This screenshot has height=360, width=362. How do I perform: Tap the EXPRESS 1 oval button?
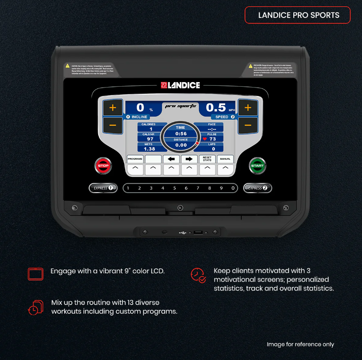(103, 188)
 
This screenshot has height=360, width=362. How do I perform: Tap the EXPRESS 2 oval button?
(257, 188)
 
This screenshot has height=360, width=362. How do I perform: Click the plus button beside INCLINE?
(113, 108)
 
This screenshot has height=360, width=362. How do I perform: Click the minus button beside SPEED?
(248, 125)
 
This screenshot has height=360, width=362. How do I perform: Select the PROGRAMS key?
(135, 159)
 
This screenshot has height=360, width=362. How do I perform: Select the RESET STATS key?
(207, 159)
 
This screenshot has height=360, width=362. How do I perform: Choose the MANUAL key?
(225, 159)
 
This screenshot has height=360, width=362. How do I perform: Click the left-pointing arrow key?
(171, 159)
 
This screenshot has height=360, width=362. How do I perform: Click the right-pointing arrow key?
(189, 159)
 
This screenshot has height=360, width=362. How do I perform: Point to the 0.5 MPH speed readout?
(216, 108)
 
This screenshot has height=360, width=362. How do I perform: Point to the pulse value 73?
(212, 139)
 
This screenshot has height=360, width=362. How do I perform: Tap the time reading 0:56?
(181, 134)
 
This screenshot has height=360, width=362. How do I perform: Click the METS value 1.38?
(149, 149)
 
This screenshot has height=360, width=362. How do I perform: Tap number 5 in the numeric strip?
(174, 188)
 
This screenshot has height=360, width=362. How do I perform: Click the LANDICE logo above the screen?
(180, 85)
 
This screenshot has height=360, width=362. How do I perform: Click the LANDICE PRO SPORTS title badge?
(297, 15)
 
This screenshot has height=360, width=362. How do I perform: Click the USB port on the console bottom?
(198, 233)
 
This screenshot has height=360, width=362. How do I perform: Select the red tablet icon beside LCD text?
(35, 273)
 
